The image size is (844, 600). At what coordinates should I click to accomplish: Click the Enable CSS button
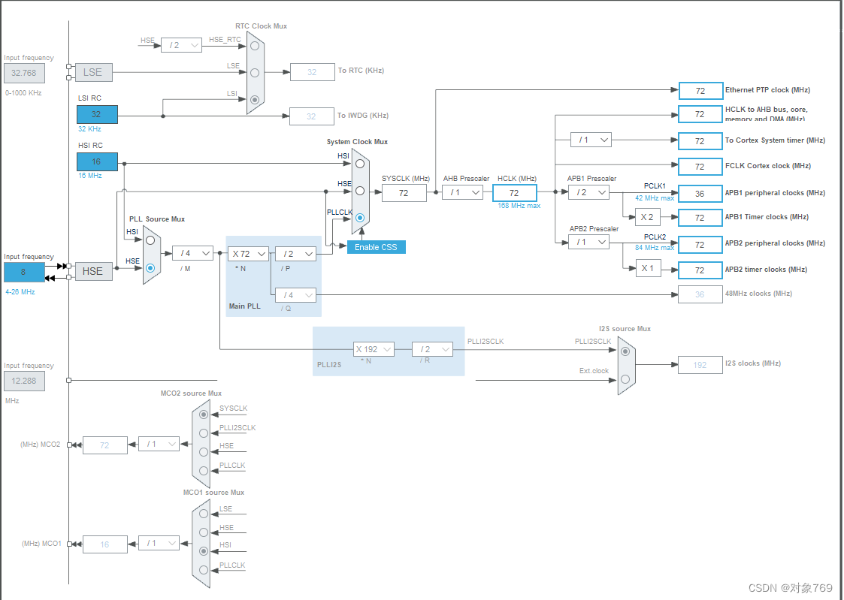376,247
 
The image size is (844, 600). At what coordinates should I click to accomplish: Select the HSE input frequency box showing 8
24,272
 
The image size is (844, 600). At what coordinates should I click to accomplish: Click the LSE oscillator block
92,72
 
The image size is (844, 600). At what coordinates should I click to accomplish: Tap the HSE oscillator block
92,270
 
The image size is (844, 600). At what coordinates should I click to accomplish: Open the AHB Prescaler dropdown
462,192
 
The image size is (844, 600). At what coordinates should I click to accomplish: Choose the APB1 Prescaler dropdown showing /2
588,192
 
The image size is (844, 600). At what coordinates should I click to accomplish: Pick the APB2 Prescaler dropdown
588,242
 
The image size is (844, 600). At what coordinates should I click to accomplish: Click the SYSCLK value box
404,193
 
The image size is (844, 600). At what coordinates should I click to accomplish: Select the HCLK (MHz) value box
514,193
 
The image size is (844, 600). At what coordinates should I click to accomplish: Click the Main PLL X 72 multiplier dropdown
248,254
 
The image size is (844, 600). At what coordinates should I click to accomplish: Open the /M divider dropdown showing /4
192,253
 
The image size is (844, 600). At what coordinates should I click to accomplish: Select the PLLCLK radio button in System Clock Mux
361,218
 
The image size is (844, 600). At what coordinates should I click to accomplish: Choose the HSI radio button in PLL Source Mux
151,240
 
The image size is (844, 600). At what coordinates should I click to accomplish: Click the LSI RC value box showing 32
97,114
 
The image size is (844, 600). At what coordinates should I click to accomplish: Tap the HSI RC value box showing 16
97,161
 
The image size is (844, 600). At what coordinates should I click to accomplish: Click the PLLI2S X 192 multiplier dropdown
374,349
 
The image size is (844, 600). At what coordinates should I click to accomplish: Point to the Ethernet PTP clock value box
700,91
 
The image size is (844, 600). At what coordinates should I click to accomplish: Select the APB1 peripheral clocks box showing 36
700,193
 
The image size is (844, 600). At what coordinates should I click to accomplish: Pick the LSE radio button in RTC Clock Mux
255,73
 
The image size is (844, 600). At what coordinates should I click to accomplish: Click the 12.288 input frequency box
24,381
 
